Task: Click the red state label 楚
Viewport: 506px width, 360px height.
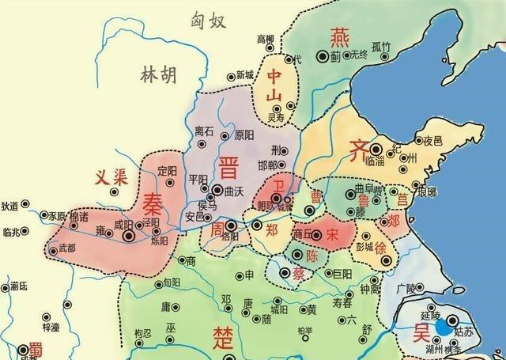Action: pyautogui.click(x=224, y=336)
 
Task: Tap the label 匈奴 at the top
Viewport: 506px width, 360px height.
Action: pyautogui.click(x=208, y=22)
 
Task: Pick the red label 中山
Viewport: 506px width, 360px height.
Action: pyautogui.click(x=274, y=86)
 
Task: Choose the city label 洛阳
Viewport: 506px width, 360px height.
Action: pyautogui.click(x=231, y=237)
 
